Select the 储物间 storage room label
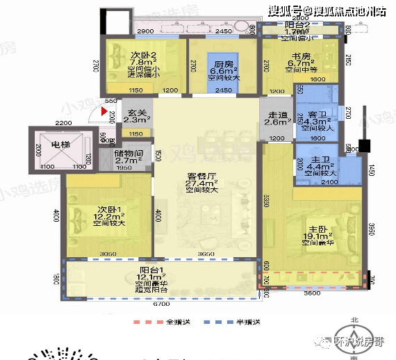130,154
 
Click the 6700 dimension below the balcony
160,304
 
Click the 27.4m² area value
206,184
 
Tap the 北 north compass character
355,319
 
